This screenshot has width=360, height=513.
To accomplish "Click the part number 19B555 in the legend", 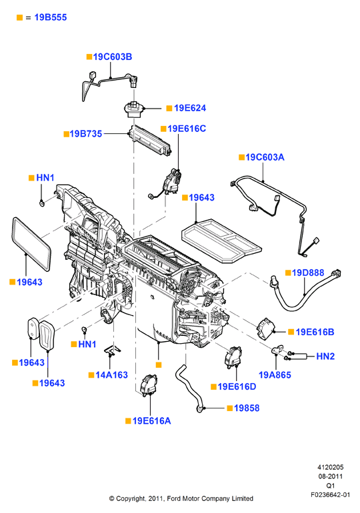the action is (51, 17).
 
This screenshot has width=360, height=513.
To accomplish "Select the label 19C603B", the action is (113, 57).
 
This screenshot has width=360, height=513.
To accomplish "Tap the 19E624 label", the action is (190, 108).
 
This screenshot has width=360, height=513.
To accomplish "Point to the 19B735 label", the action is (86, 133).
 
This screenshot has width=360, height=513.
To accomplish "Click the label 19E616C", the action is (187, 129).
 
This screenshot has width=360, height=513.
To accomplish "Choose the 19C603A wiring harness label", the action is (265, 157).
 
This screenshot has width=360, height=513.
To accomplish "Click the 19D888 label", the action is (307, 273).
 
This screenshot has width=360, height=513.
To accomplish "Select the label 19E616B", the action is (315, 332).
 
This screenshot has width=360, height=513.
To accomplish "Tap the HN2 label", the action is (325, 356).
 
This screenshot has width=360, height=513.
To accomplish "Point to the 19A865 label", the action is (275, 375).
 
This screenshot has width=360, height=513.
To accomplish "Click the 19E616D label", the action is (237, 386).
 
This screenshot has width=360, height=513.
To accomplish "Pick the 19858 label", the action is (247, 408).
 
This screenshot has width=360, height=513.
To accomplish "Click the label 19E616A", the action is (151, 421).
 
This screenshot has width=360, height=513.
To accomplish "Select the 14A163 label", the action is (111, 375).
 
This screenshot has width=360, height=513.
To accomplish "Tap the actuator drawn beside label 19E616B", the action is (266, 330).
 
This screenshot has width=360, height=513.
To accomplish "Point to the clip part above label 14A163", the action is (112, 349).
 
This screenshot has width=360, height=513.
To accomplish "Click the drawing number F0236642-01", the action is (330, 494).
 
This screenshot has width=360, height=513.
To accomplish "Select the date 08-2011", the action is (331, 476).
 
